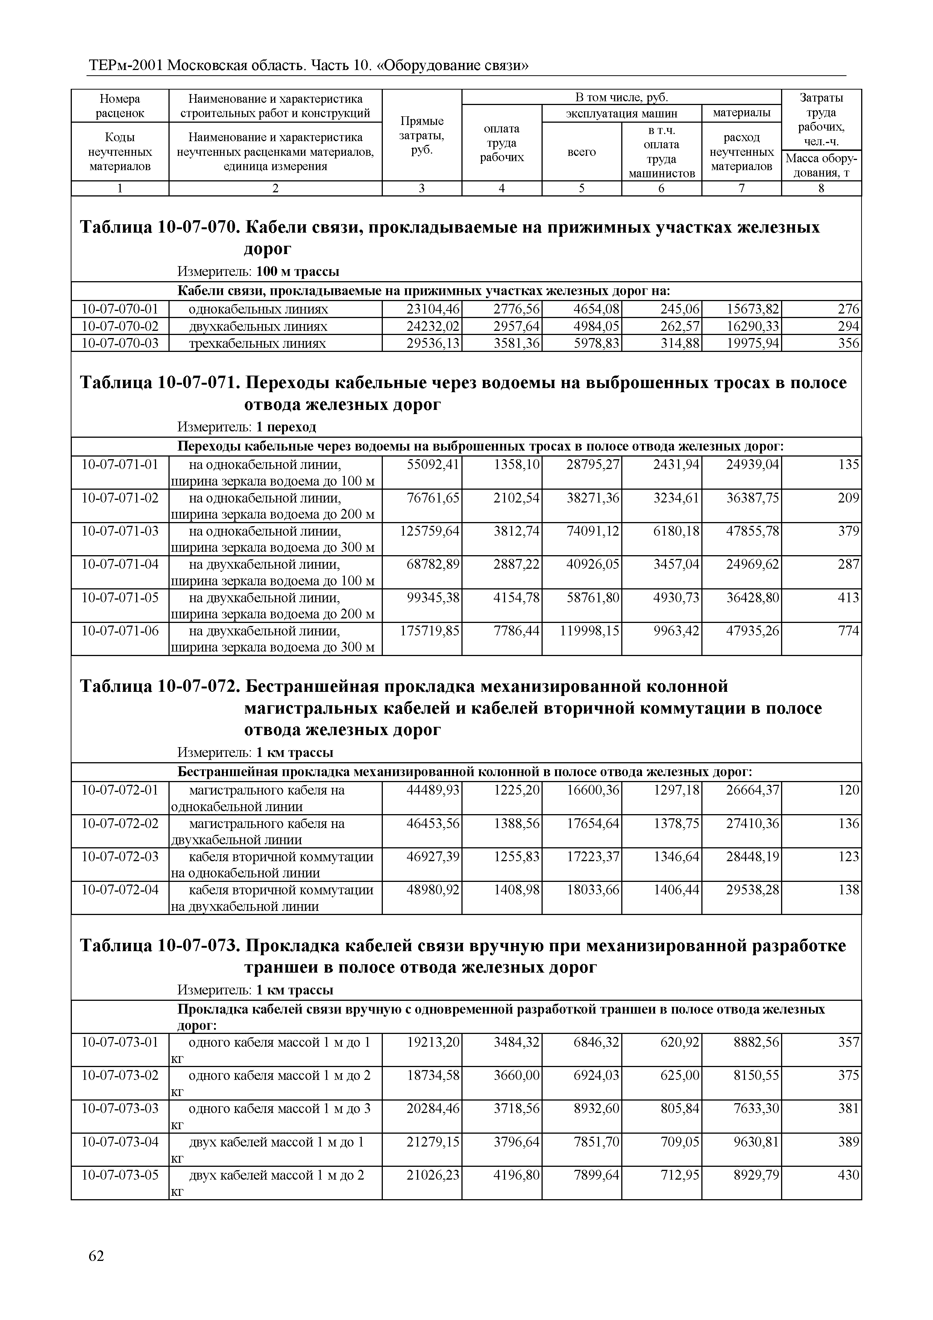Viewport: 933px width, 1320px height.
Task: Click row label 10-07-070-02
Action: click(x=120, y=327)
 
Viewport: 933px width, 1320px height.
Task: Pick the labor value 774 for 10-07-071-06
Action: click(x=848, y=631)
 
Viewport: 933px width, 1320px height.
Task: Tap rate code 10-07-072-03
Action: click(x=120, y=857)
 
